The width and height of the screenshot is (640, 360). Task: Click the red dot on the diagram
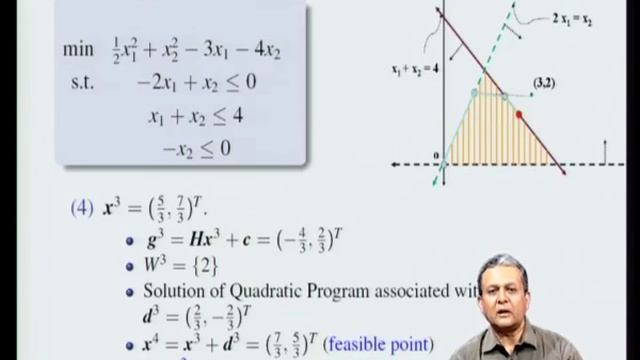tap(518, 116)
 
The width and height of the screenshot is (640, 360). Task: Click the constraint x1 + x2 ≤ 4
tap(195, 117)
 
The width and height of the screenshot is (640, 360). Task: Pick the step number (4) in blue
tap(83, 211)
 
